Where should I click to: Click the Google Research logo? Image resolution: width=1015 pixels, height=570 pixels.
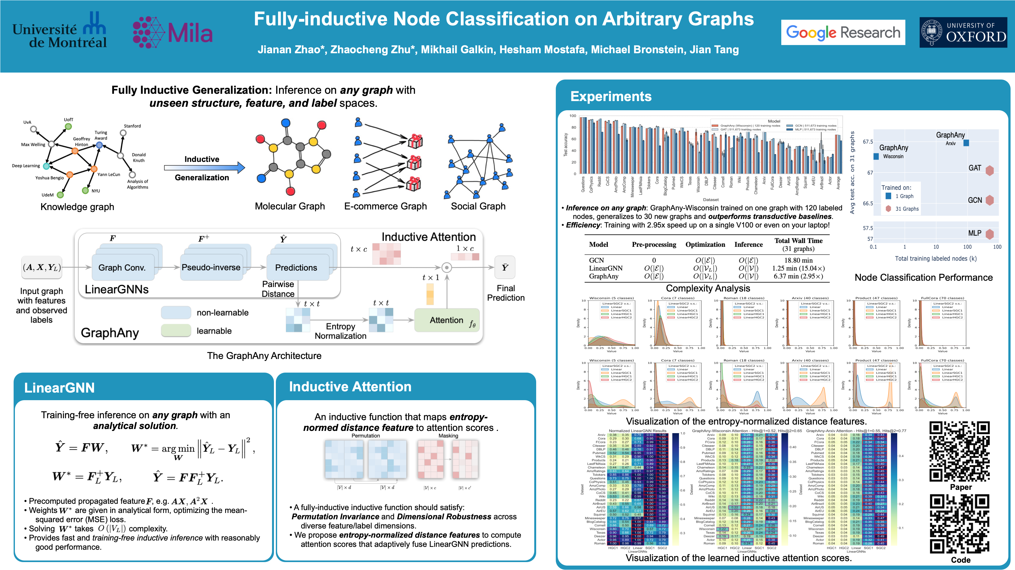point(843,32)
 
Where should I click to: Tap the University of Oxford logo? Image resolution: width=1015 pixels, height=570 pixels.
point(963,32)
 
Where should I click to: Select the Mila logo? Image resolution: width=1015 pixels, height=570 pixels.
point(173,32)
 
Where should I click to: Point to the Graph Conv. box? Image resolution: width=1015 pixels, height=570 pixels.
point(122,268)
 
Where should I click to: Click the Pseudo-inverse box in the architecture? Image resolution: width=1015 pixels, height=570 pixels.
point(211,267)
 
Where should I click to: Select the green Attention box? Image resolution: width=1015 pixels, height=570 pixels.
point(447,320)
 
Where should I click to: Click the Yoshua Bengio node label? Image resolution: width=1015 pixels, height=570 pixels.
point(49,178)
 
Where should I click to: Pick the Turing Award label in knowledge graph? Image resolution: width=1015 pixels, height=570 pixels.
point(101,135)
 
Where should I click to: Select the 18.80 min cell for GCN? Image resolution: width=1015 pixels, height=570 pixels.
point(798,260)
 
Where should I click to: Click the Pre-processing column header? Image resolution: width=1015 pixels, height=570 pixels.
point(654,244)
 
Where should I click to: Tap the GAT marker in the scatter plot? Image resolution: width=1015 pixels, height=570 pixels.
point(989,170)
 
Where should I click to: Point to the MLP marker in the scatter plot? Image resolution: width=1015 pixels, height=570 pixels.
point(989,234)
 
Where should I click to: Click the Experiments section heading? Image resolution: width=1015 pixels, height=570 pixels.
point(611,97)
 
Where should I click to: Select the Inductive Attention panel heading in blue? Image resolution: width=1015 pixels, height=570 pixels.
point(350,387)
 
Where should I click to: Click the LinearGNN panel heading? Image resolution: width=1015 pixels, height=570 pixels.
point(59,387)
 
